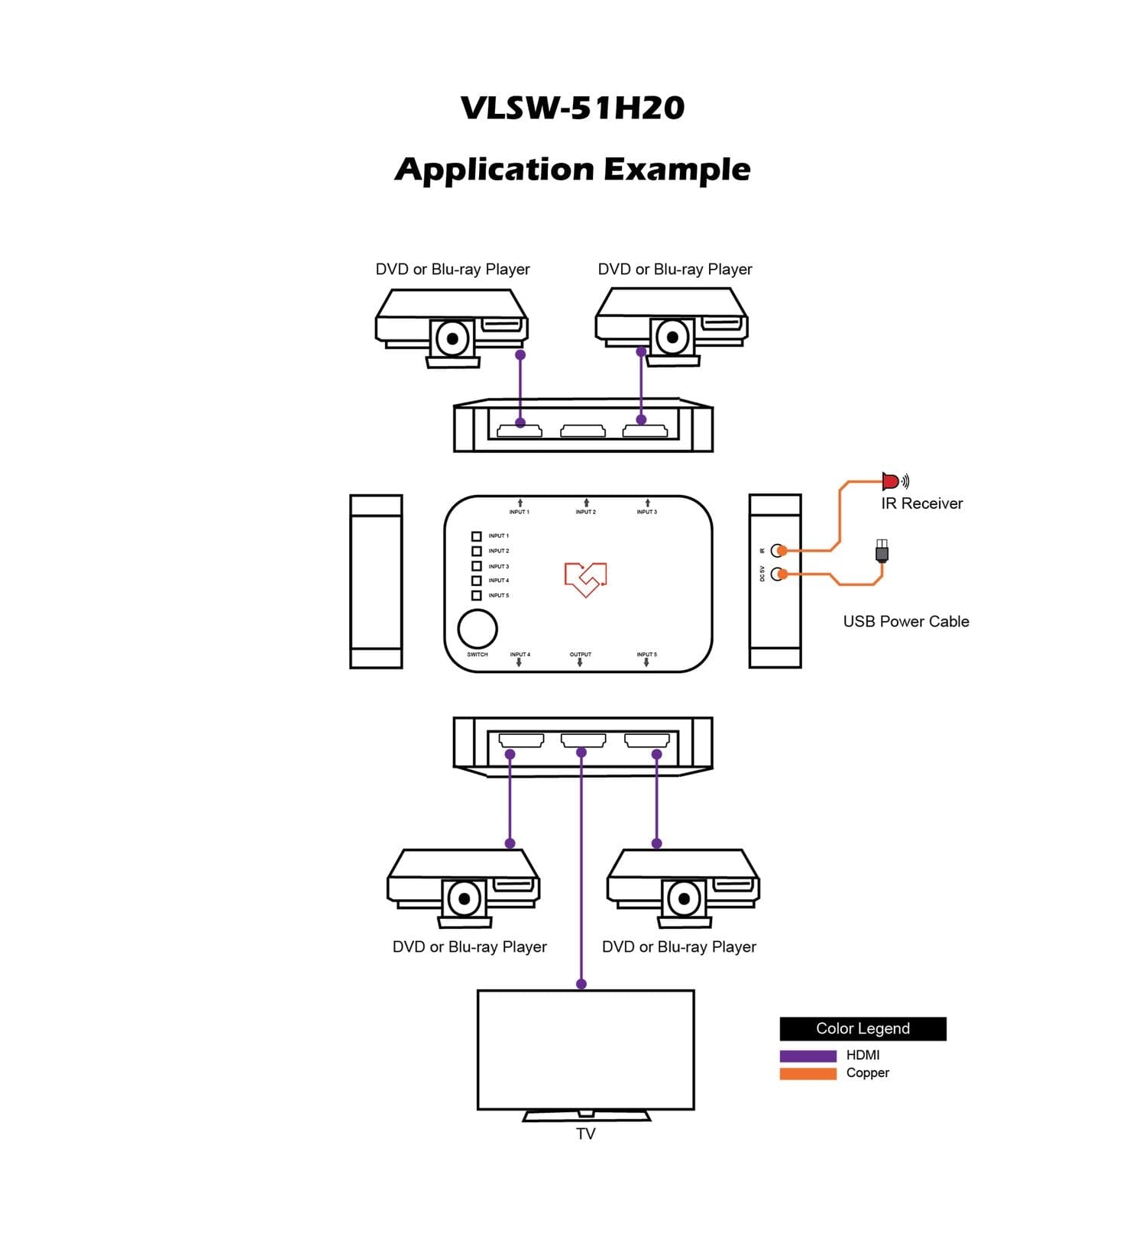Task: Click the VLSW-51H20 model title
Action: [x=572, y=108]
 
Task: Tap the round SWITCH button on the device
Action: [x=477, y=629]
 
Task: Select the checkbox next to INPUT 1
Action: [x=476, y=536]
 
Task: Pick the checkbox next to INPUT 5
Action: [x=476, y=595]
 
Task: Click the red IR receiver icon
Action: [x=891, y=481]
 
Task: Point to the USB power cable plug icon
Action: [x=882, y=550]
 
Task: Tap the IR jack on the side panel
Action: [x=778, y=550]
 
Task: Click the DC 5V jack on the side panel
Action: [x=778, y=574]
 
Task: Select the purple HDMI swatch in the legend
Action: [x=808, y=1056]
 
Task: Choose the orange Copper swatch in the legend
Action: [x=808, y=1073]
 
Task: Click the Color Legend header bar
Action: [x=863, y=1028]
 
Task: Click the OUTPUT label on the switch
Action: [x=580, y=655]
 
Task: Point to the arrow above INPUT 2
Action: [x=586, y=503]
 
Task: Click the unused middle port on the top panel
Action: [x=583, y=432]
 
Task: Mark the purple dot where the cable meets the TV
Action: [x=581, y=984]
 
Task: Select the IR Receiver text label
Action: [x=921, y=503]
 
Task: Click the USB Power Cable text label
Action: [x=905, y=622]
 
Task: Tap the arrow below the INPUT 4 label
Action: [x=519, y=663]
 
